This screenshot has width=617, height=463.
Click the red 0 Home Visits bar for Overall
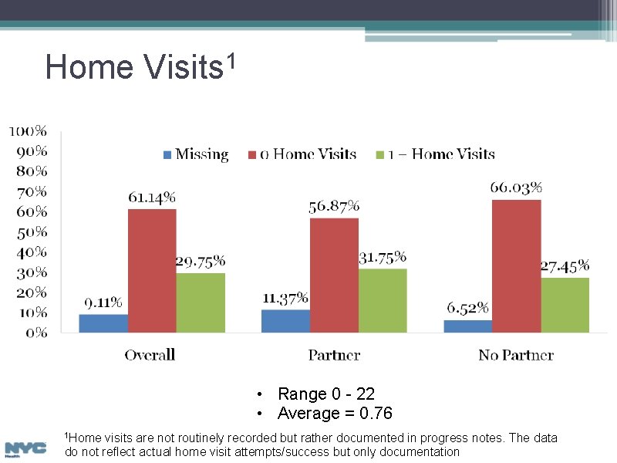pyautogui.click(x=152, y=271)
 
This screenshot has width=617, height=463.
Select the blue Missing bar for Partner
pyautogui.click(x=285, y=321)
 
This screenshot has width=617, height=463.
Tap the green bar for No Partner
pyautogui.click(x=565, y=305)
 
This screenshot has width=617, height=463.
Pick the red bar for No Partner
pyautogui.click(x=516, y=266)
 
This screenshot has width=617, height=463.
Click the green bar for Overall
pyautogui.click(x=201, y=302)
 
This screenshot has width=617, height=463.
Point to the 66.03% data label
pyautogui.click(x=516, y=188)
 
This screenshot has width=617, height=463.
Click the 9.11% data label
pyautogui.click(x=103, y=302)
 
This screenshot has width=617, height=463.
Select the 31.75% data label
pyautogui.click(x=383, y=257)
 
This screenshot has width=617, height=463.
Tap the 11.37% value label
pyautogui.click(x=285, y=297)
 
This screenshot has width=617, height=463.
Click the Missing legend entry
pyautogui.click(x=196, y=154)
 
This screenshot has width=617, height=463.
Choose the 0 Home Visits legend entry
pyautogui.click(x=302, y=154)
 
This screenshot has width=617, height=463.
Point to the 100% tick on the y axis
pyautogui.click(x=28, y=130)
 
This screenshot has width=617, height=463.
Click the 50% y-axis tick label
pyautogui.click(x=31, y=231)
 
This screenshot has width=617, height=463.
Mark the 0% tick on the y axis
pyautogui.click(x=35, y=333)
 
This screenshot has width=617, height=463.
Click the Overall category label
pyautogui.click(x=150, y=355)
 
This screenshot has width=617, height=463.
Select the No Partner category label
pyautogui.click(x=516, y=355)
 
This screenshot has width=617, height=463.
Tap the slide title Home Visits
pyautogui.click(x=139, y=67)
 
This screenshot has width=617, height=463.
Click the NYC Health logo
pyautogui.click(x=25, y=448)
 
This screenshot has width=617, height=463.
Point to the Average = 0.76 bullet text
pyautogui.click(x=335, y=414)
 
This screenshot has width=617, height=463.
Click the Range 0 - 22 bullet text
pyautogui.click(x=326, y=394)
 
